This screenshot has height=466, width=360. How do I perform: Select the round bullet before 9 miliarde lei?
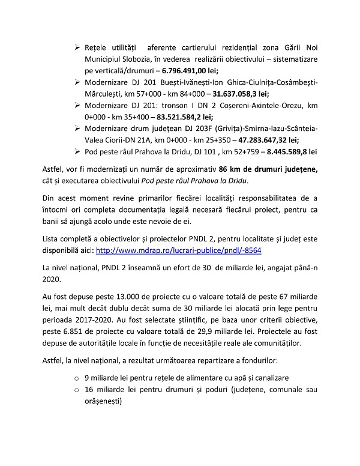76,378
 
